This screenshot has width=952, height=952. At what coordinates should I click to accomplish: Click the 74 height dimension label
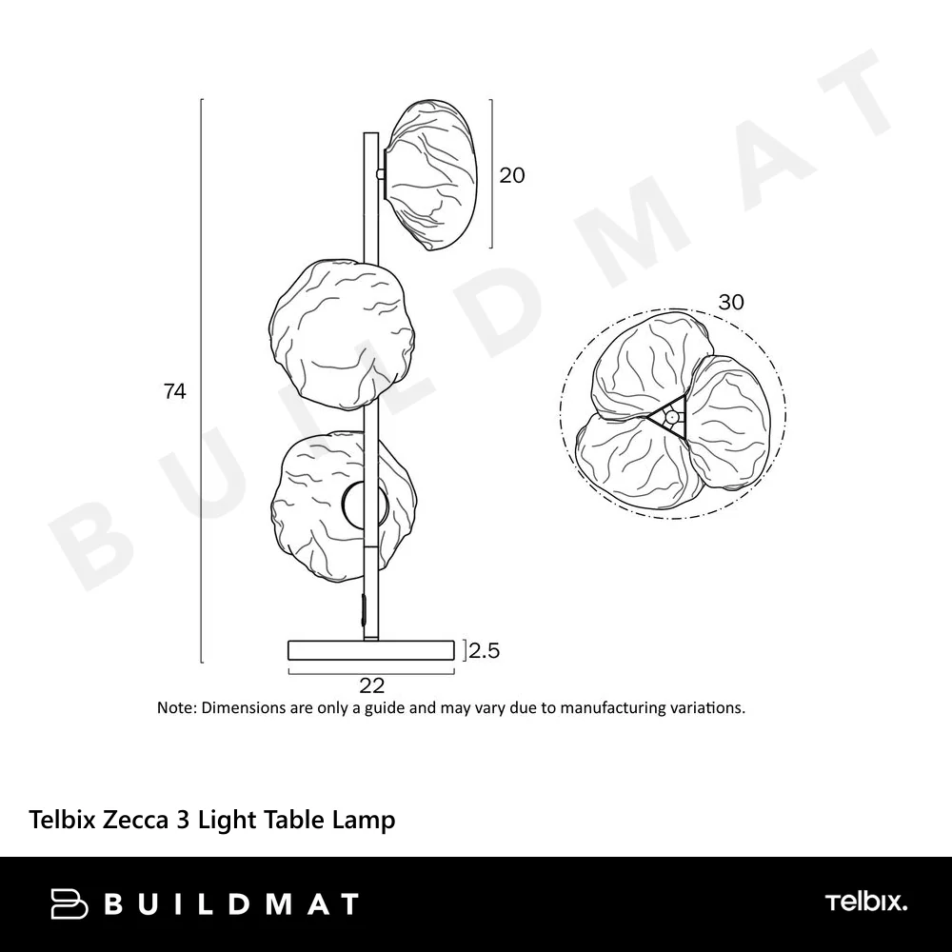174,391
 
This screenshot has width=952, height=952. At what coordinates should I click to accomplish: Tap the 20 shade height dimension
512,175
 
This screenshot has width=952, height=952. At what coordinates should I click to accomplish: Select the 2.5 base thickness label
484,651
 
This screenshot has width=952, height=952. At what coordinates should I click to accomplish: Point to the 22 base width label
371,684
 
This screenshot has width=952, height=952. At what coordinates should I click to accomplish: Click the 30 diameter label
731,303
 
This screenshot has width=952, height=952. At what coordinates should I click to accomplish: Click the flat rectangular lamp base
370,650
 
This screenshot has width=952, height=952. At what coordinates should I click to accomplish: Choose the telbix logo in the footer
865,902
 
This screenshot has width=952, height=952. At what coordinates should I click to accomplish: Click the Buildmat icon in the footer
69,902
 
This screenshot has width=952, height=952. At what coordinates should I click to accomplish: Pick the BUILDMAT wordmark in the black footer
231,903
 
